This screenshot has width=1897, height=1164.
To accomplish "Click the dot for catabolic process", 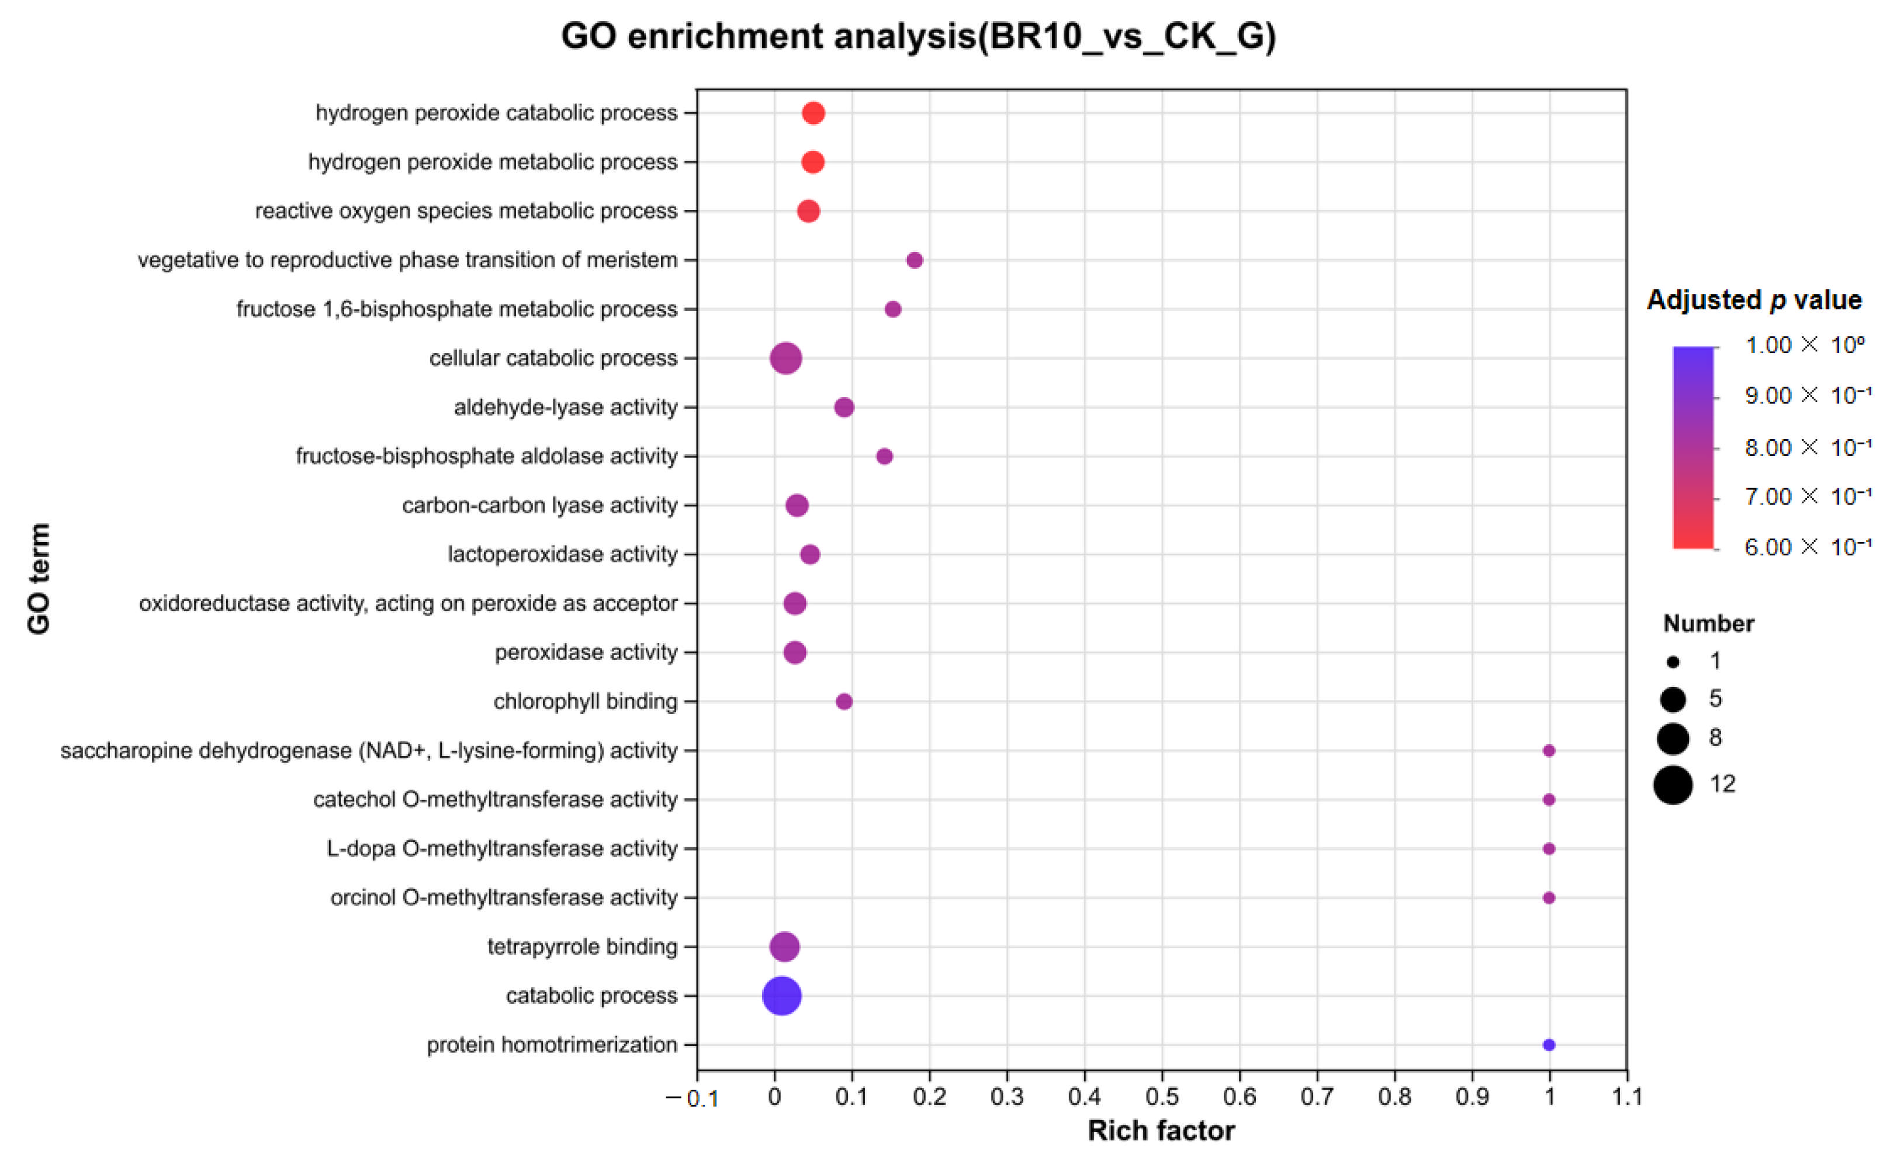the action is point(781,996).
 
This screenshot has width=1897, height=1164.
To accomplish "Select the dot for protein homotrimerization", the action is point(1549,1045).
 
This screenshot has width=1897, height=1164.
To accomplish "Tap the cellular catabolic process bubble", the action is point(785,358).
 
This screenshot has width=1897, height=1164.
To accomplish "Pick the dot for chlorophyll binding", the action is point(844,702).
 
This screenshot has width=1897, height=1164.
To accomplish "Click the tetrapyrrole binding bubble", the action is point(784,947).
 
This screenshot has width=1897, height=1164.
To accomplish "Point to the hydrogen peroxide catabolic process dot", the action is point(814,113).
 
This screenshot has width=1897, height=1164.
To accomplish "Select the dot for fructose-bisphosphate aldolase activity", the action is point(885,457).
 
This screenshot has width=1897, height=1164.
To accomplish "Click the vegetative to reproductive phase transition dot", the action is point(915,260).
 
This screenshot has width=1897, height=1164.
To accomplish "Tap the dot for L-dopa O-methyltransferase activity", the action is point(1549,849).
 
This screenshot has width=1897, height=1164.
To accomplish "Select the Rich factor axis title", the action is point(1161,1131).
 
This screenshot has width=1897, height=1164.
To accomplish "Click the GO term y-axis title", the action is point(39,579).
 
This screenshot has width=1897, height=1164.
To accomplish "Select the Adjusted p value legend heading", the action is point(1754,300).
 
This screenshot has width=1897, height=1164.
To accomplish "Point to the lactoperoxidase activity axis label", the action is point(563,555).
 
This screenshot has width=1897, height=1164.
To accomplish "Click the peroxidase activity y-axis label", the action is point(586,652).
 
